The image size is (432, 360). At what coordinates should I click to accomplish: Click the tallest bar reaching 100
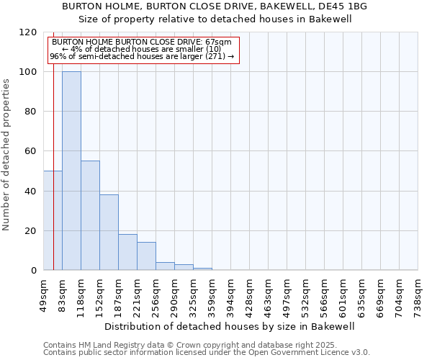71,171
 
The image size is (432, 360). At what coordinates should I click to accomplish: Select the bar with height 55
90,215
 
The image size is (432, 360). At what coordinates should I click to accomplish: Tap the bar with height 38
109,232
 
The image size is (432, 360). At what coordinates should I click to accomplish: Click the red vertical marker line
53,144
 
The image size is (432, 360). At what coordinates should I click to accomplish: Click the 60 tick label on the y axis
31,151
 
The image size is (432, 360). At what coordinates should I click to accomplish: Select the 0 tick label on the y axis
34,270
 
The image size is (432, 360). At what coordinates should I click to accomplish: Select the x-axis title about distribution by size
230,326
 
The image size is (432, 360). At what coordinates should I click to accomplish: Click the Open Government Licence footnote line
207,353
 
